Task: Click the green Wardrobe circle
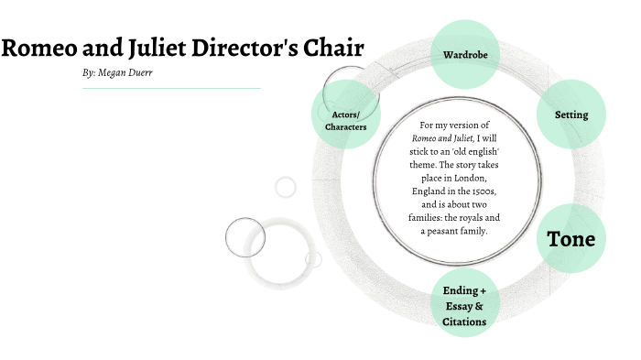464,54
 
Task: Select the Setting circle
571,115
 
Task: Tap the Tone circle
571,239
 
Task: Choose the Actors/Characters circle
346,120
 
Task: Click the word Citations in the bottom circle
464,322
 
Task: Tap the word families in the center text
427,218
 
